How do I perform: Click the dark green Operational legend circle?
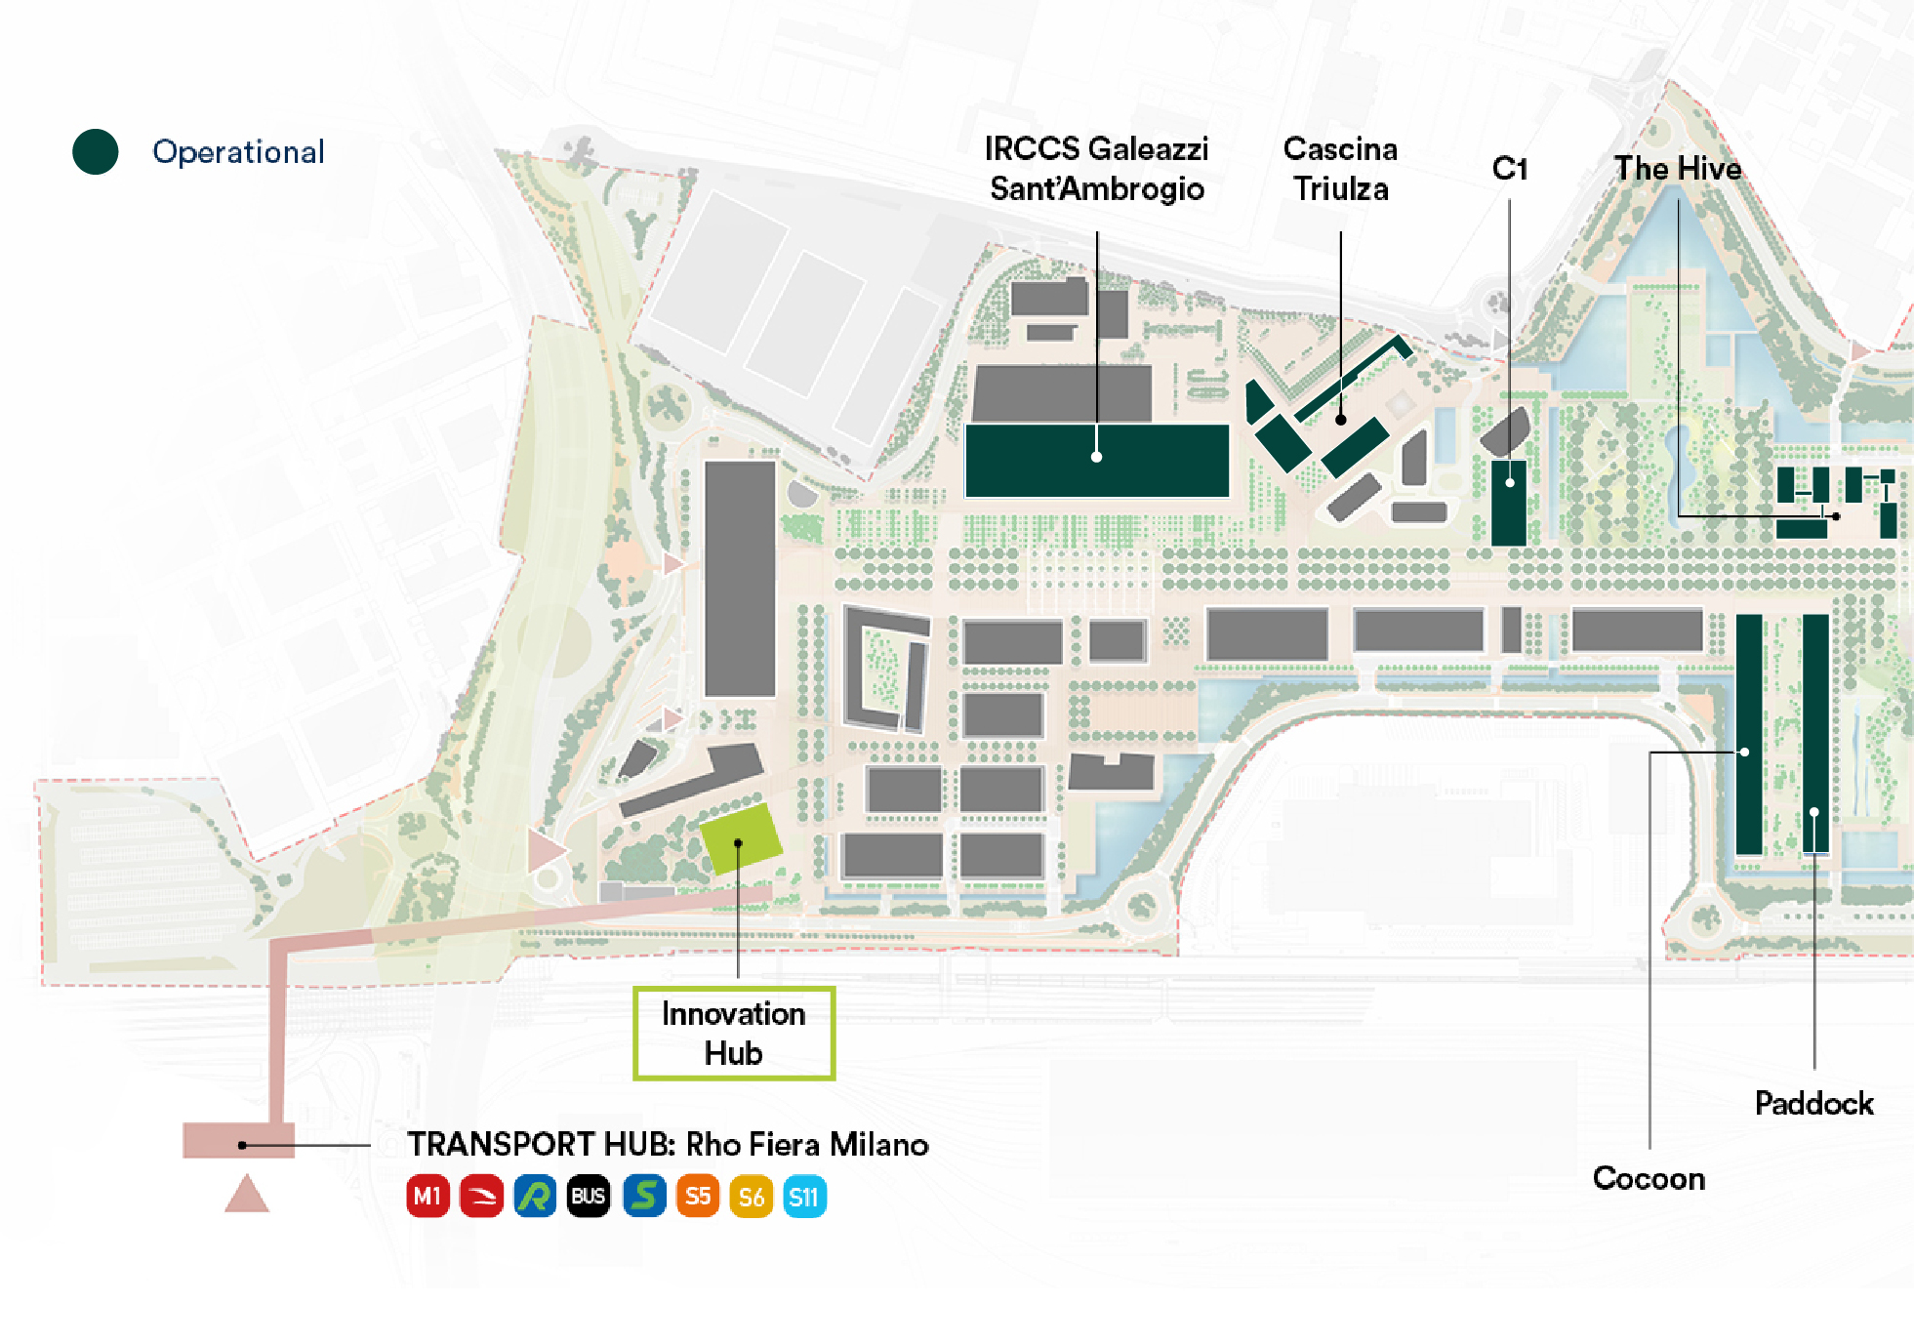(x=96, y=152)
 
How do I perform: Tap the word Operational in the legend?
(x=238, y=152)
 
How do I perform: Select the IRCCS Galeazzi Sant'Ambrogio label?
(x=1096, y=169)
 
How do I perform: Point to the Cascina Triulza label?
(x=1340, y=169)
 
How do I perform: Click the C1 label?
(x=1509, y=169)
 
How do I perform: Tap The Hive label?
(x=1678, y=168)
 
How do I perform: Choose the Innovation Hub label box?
(x=734, y=1034)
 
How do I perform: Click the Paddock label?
(x=1813, y=1104)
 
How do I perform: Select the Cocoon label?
(x=1649, y=1179)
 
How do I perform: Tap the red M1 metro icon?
(x=428, y=1197)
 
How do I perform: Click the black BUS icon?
(x=589, y=1197)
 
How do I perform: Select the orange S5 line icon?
(x=698, y=1197)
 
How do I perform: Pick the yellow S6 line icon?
(x=751, y=1197)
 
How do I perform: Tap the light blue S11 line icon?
(x=804, y=1197)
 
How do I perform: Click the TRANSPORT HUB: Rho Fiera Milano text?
(x=668, y=1144)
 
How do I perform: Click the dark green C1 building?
(x=1509, y=503)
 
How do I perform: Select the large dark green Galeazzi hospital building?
(x=1097, y=461)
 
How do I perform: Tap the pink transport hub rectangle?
(x=238, y=1140)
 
